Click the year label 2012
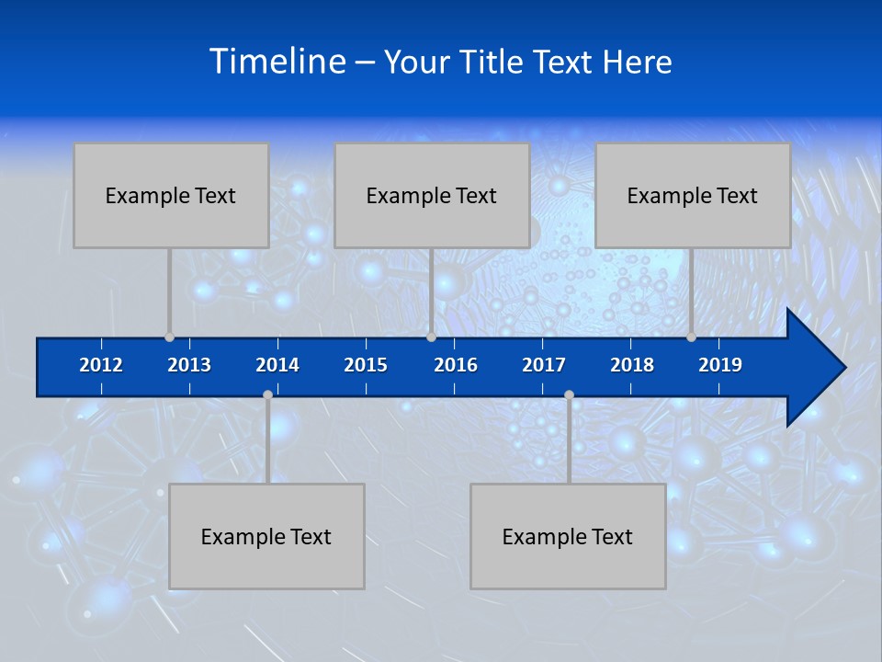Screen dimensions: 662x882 [x=101, y=365]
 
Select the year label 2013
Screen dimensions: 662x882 [x=189, y=365]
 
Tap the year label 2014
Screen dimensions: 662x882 [x=277, y=365]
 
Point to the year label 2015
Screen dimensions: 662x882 [x=366, y=365]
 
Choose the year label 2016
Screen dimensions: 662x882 [x=456, y=365]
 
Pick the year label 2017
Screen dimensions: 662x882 [x=544, y=365]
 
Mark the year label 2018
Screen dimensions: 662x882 [x=632, y=365]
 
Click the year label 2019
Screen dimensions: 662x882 [x=720, y=365]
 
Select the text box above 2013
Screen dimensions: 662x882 [x=171, y=195]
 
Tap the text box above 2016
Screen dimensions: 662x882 [x=432, y=195]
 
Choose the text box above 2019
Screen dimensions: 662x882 [x=693, y=195]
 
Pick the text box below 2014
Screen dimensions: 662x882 [x=266, y=536]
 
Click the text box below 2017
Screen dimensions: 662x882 [x=568, y=536]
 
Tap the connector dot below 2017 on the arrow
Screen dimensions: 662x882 [x=569, y=395]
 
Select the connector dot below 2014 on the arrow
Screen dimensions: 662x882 [x=267, y=395]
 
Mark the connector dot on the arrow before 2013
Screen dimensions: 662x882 [x=170, y=337]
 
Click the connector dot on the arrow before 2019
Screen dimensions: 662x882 [x=692, y=337]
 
